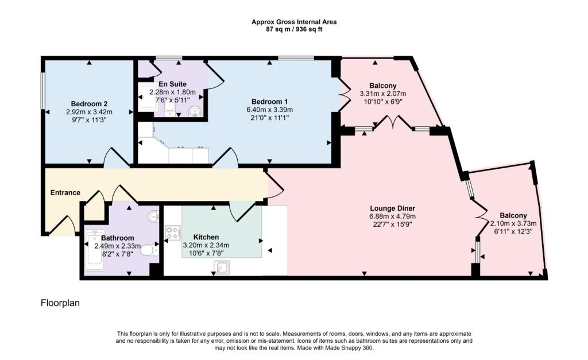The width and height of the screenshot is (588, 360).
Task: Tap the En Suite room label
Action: coord(172,84)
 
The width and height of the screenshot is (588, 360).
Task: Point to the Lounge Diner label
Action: coord(392,208)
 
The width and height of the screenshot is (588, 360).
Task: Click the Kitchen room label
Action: coord(206,237)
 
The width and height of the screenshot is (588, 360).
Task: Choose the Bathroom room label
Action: coord(118,238)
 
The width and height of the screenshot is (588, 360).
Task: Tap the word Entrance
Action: coord(65,192)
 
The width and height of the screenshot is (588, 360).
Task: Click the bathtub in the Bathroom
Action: coord(94,251)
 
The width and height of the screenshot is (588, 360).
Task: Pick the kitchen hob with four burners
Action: coord(173,233)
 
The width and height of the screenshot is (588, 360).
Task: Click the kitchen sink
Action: coord(222,267)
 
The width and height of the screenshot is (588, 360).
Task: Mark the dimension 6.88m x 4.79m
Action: coord(392,216)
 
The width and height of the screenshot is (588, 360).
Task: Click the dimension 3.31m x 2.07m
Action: coord(382,94)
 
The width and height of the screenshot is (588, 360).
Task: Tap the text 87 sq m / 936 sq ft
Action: coord(294,29)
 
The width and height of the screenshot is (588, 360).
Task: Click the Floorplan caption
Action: coord(60,303)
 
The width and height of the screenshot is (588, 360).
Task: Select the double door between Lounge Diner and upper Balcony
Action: coord(393,123)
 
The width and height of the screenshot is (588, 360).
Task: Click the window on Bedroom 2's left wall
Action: coord(43,89)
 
